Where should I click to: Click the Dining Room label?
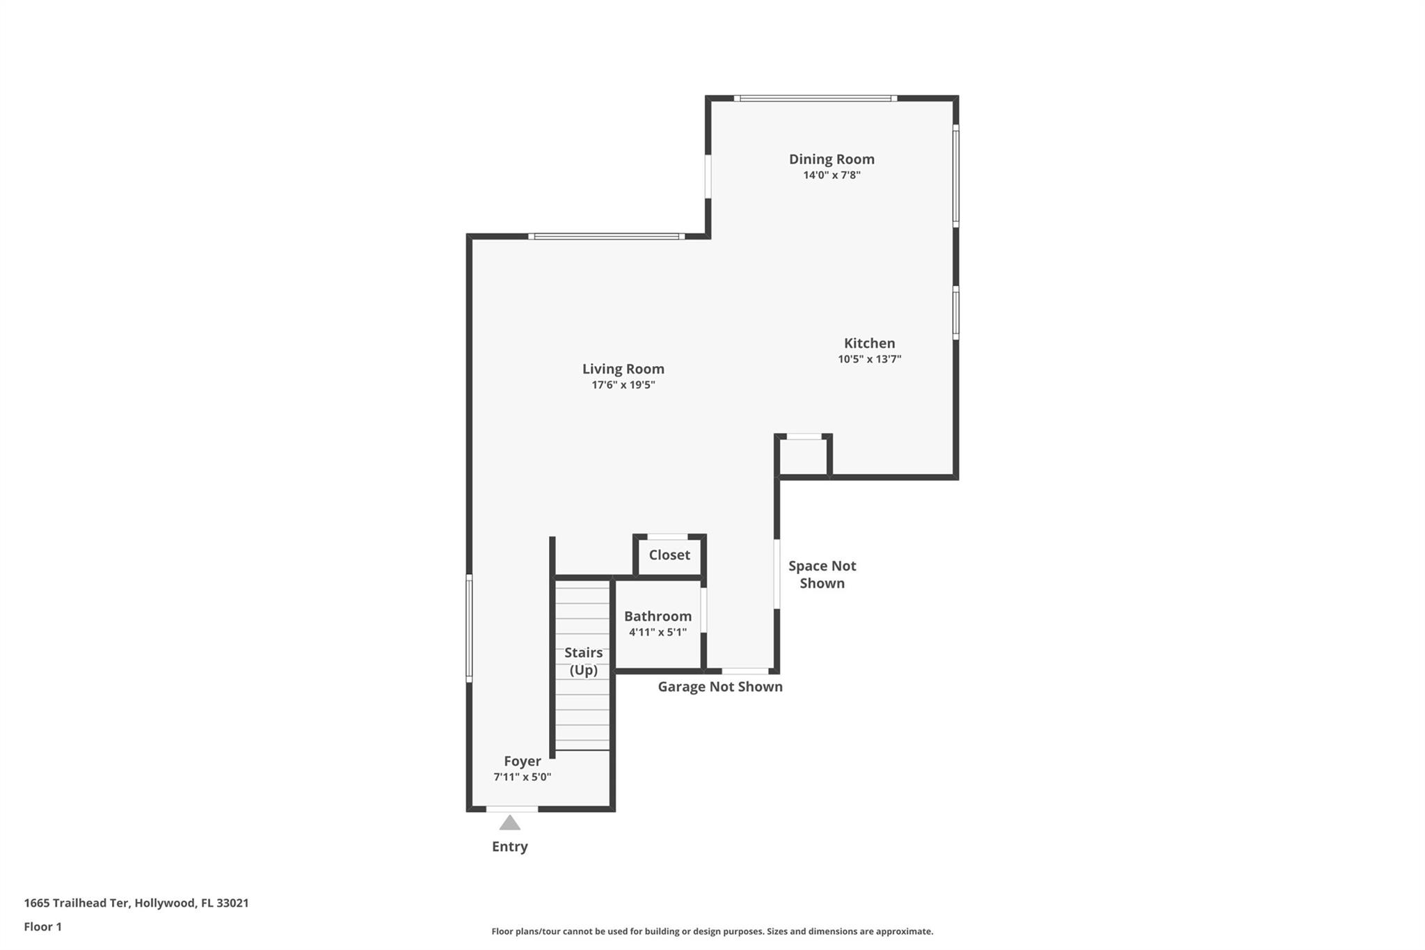pos(831,159)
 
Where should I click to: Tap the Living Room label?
pos(623,370)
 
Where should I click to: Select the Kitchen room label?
pos(870,343)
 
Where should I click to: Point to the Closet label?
pos(669,555)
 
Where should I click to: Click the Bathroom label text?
pos(658,616)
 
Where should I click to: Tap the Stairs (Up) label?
pos(583,661)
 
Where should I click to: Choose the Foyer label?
pos(523,761)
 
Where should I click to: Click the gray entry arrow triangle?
pos(510,823)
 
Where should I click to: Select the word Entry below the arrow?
pos(510,847)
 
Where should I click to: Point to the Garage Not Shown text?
pos(720,687)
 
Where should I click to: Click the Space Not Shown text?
pos(822,575)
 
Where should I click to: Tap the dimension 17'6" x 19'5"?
pos(623,385)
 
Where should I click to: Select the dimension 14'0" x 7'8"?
pos(831,175)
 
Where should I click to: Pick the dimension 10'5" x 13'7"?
pos(870,359)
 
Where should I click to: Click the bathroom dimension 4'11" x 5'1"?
pos(658,632)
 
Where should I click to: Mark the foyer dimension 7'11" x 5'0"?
pos(523,777)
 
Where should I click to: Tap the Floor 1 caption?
pos(43,927)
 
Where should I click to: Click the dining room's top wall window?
pos(815,98)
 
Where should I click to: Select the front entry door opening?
pos(512,809)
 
